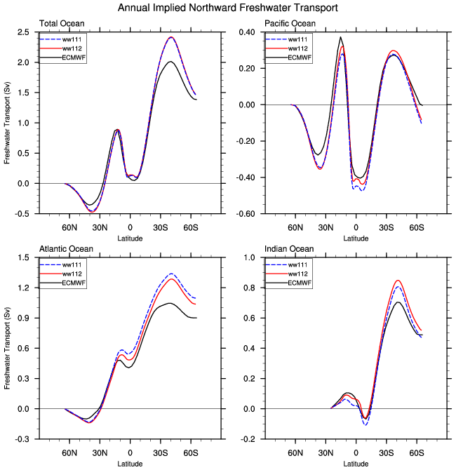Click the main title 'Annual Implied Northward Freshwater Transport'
coord(227,8)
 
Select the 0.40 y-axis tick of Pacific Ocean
coord(246,32)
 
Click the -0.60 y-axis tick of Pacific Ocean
coord(245,214)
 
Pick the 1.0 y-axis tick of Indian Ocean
coord(248,258)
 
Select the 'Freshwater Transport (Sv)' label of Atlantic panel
coord(7,349)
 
